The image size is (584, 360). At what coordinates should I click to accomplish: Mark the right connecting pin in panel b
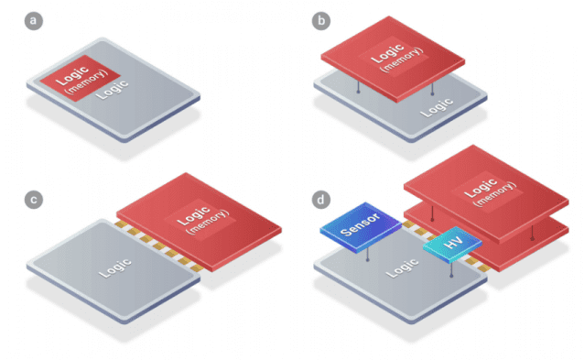[431, 89]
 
